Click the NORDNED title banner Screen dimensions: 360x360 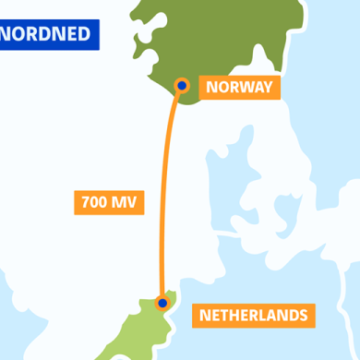48,35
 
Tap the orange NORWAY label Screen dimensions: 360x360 239,88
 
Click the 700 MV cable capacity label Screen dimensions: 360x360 109,202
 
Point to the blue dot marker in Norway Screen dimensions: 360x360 182,86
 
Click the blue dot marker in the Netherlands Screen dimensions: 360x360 162,302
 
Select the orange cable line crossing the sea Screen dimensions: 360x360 168,194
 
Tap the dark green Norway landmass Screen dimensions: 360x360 231,37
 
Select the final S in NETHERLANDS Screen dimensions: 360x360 302,316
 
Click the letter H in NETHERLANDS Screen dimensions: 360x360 237,316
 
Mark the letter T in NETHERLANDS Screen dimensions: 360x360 226,316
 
